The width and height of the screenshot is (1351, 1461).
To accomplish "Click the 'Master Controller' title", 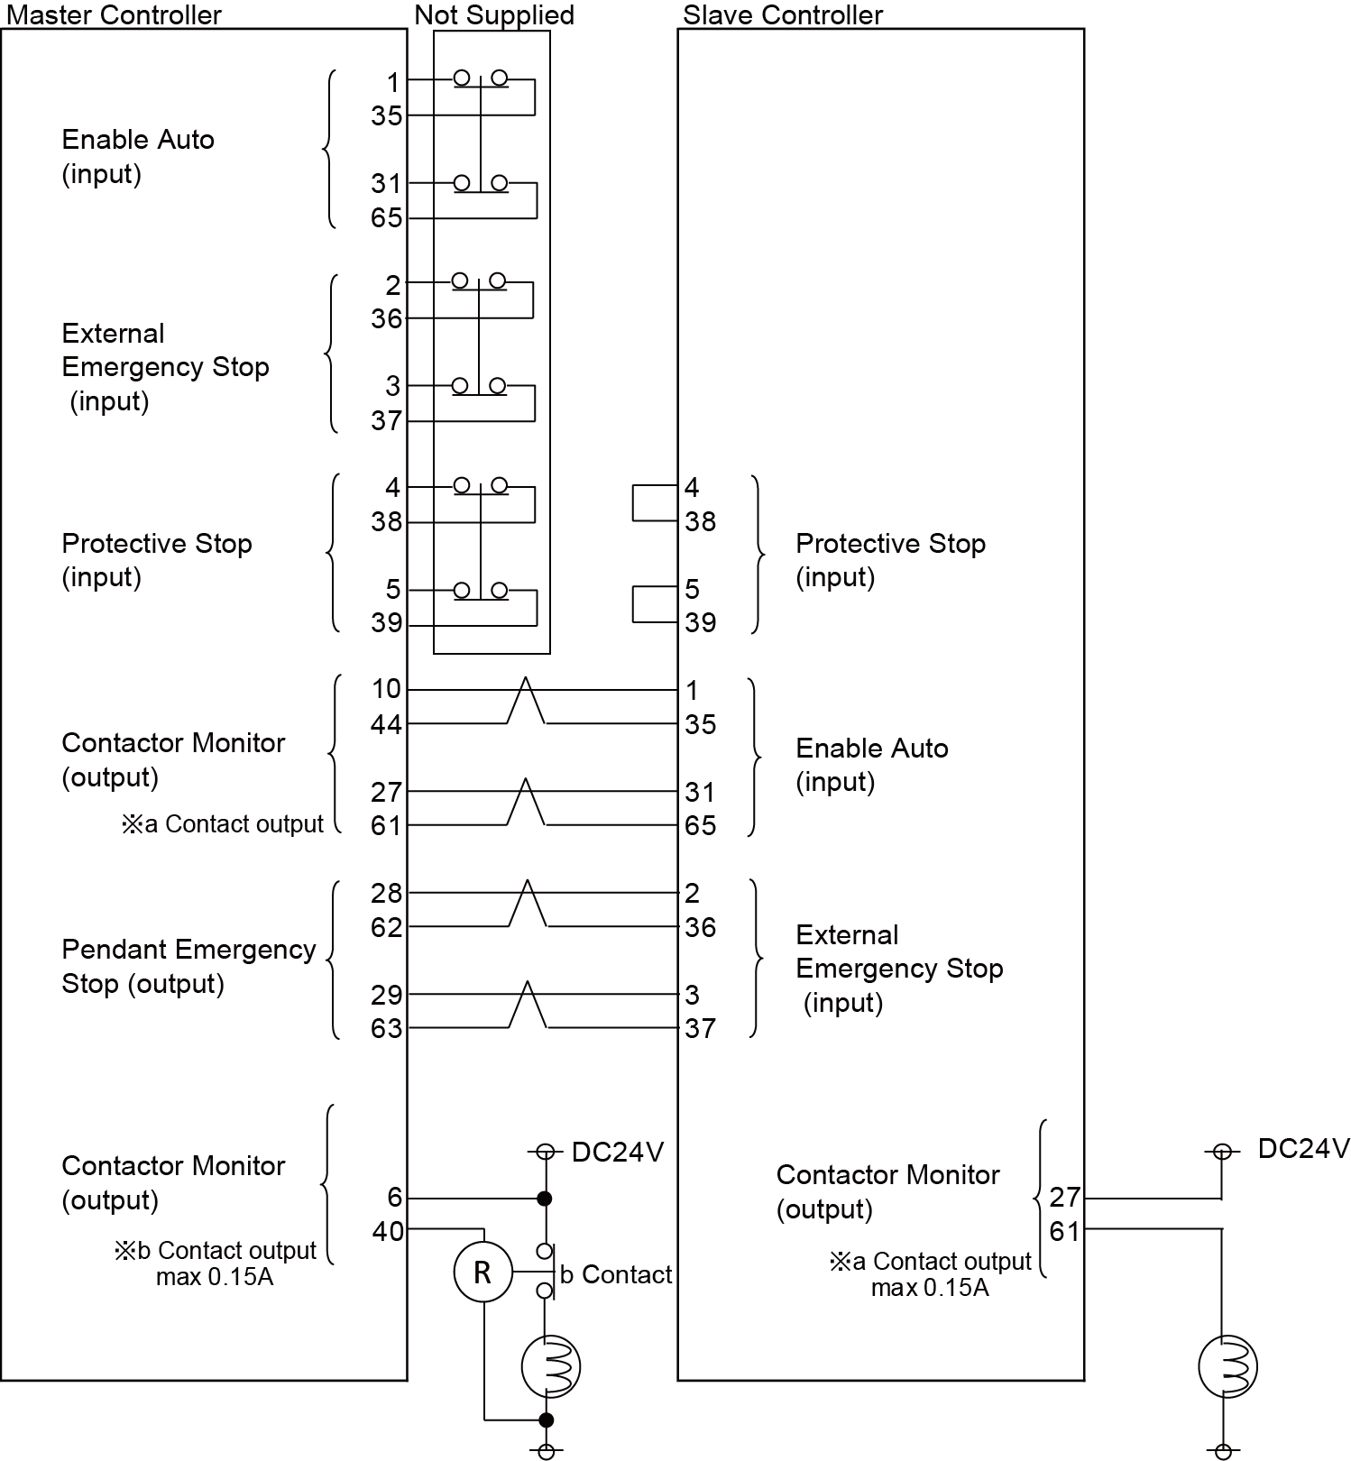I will pyautogui.click(x=114, y=14).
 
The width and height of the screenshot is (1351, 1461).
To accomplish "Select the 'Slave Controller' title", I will pyautogui.click(x=782, y=14).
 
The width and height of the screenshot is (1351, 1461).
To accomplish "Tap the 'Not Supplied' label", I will pyautogui.click(x=493, y=14).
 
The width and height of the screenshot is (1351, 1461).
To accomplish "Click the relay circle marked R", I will pyautogui.click(x=482, y=1273).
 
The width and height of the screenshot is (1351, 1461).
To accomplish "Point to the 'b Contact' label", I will pyautogui.click(x=616, y=1274).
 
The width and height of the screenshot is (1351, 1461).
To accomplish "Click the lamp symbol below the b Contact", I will pyautogui.click(x=550, y=1366).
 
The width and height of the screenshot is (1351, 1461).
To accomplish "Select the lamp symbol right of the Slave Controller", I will pyautogui.click(x=1227, y=1366).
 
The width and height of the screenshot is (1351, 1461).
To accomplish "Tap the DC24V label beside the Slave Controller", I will pyautogui.click(x=1303, y=1148).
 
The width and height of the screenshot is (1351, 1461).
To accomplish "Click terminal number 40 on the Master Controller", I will pyautogui.click(x=388, y=1231).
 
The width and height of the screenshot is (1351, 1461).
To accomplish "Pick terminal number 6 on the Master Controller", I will pyautogui.click(x=394, y=1197).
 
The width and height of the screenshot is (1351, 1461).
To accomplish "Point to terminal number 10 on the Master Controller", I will pyautogui.click(x=386, y=689).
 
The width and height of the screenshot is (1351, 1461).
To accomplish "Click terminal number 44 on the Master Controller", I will pyautogui.click(x=386, y=724).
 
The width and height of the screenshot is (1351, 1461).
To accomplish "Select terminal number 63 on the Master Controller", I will pyautogui.click(x=386, y=1028).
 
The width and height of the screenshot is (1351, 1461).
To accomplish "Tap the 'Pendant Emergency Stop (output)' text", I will pyautogui.click(x=188, y=966).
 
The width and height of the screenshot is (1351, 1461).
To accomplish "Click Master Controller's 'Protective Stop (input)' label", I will pyautogui.click(x=156, y=560).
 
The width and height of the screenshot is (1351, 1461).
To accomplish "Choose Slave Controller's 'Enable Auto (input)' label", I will pyautogui.click(x=871, y=765).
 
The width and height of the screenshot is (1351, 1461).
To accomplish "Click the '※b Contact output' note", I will pyautogui.click(x=215, y=1251).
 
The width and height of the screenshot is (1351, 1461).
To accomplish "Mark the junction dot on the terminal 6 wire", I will pyautogui.click(x=544, y=1199).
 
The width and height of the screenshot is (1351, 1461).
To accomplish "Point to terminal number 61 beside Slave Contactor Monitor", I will pyautogui.click(x=1064, y=1231).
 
